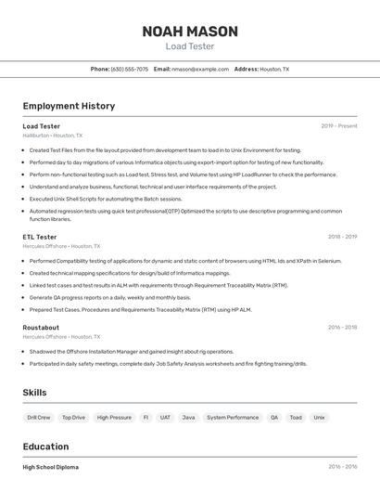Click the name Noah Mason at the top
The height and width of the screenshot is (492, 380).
(x=189, y=32)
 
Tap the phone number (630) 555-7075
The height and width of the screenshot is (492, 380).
(x=129, y=69)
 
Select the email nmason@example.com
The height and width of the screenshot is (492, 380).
(x=200, y=69)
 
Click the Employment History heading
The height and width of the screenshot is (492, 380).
(x=69, y=106)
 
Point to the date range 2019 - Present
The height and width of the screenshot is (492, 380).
(x=339, y=126)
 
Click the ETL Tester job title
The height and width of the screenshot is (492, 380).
(x=40, y=237)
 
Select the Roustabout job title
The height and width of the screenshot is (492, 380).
(x=41, y=328)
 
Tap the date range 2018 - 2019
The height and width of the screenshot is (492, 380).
(x=342, y=237)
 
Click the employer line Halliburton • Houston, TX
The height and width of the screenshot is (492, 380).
(x=52, y=136)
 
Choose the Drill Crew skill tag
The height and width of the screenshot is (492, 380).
(x=39, y=418)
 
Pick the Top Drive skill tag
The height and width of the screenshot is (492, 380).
(x=73, y=418)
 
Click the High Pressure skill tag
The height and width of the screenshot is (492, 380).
(x=114, y=418)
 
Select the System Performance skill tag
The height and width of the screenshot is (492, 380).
(x=233, y=418)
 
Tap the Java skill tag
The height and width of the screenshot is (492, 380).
(x=188, y=418)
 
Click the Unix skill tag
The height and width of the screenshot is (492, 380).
(x=319, y=418)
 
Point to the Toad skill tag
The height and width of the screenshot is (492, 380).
(x=296, y=418)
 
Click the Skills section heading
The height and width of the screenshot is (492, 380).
(x=34, y=393)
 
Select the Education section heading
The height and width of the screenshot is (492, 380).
(x=45, y=447)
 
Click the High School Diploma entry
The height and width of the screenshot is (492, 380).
(x=50, y=467)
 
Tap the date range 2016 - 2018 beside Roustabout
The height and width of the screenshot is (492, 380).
(x=342, y=328)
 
